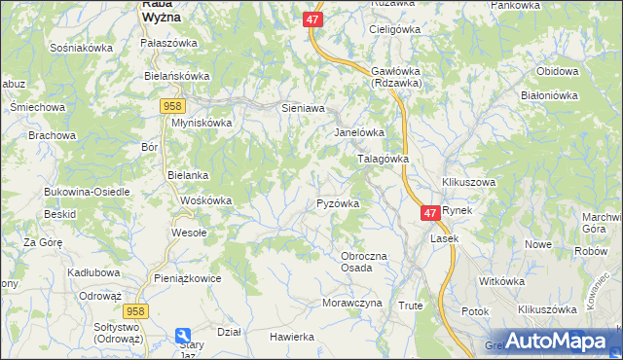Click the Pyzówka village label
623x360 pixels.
click(339, 203)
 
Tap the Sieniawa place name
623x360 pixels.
click(302, 108)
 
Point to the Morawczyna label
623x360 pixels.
click(351, 303)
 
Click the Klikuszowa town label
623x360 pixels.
click(468, 182)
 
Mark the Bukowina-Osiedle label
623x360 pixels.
click(87, 192)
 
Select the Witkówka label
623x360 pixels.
click(502, 281)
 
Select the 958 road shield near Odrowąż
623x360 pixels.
click(135, 309)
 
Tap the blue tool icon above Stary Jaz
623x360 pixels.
click(184, 336)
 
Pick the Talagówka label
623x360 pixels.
click(383, 158)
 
